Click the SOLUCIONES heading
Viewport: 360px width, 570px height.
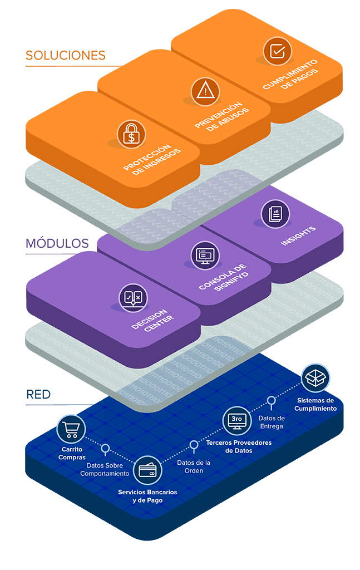coord(66,55)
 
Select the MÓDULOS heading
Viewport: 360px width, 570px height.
coord(57,243)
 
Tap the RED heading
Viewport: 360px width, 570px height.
coord(38,395)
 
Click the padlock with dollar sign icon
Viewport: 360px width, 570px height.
coord(131,134)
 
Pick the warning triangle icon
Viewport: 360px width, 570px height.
coord(205,91)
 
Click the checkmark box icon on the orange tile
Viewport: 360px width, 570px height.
coord(278,51)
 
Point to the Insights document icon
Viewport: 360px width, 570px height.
coord(275,214)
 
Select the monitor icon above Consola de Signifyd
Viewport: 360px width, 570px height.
coord(205,255)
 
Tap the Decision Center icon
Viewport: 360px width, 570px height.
coord(134,298)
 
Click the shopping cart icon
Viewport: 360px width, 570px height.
coord(71,429)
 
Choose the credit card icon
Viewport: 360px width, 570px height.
coord(147,470)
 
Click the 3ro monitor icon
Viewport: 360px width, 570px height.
coord(237,421)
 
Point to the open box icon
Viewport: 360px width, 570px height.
coord(315,378)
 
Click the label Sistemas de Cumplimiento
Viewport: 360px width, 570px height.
coord(315,404)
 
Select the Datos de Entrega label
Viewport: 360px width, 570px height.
coord(272,422)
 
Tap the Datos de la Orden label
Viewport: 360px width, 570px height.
coord(194,466)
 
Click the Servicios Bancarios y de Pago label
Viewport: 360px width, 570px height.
coord(147,496)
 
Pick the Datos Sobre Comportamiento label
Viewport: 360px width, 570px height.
coord(105,469)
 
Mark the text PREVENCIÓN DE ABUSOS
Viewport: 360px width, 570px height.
coord(221,116)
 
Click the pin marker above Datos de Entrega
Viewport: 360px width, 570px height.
coord(271,402)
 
